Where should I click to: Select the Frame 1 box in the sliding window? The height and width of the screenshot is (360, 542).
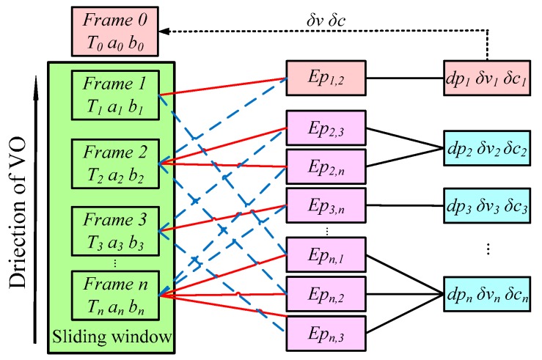point(114,94)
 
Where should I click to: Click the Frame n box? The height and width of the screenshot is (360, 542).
point(114,295)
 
